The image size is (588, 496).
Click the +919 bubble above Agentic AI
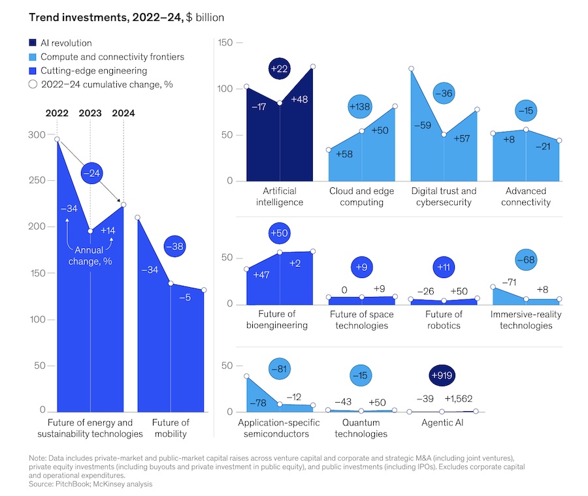(442, 376)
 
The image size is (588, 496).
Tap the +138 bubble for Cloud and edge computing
(361, 106)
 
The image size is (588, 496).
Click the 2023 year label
(90, 113)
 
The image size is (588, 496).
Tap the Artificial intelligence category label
(280, 196)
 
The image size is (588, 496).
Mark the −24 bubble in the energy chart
(93, 174)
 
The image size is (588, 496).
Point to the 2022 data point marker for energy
(57, 139)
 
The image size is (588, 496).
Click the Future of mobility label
(171, 428)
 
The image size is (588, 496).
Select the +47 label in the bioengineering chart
(262, 276)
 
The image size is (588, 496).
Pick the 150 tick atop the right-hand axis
(227, 43)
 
